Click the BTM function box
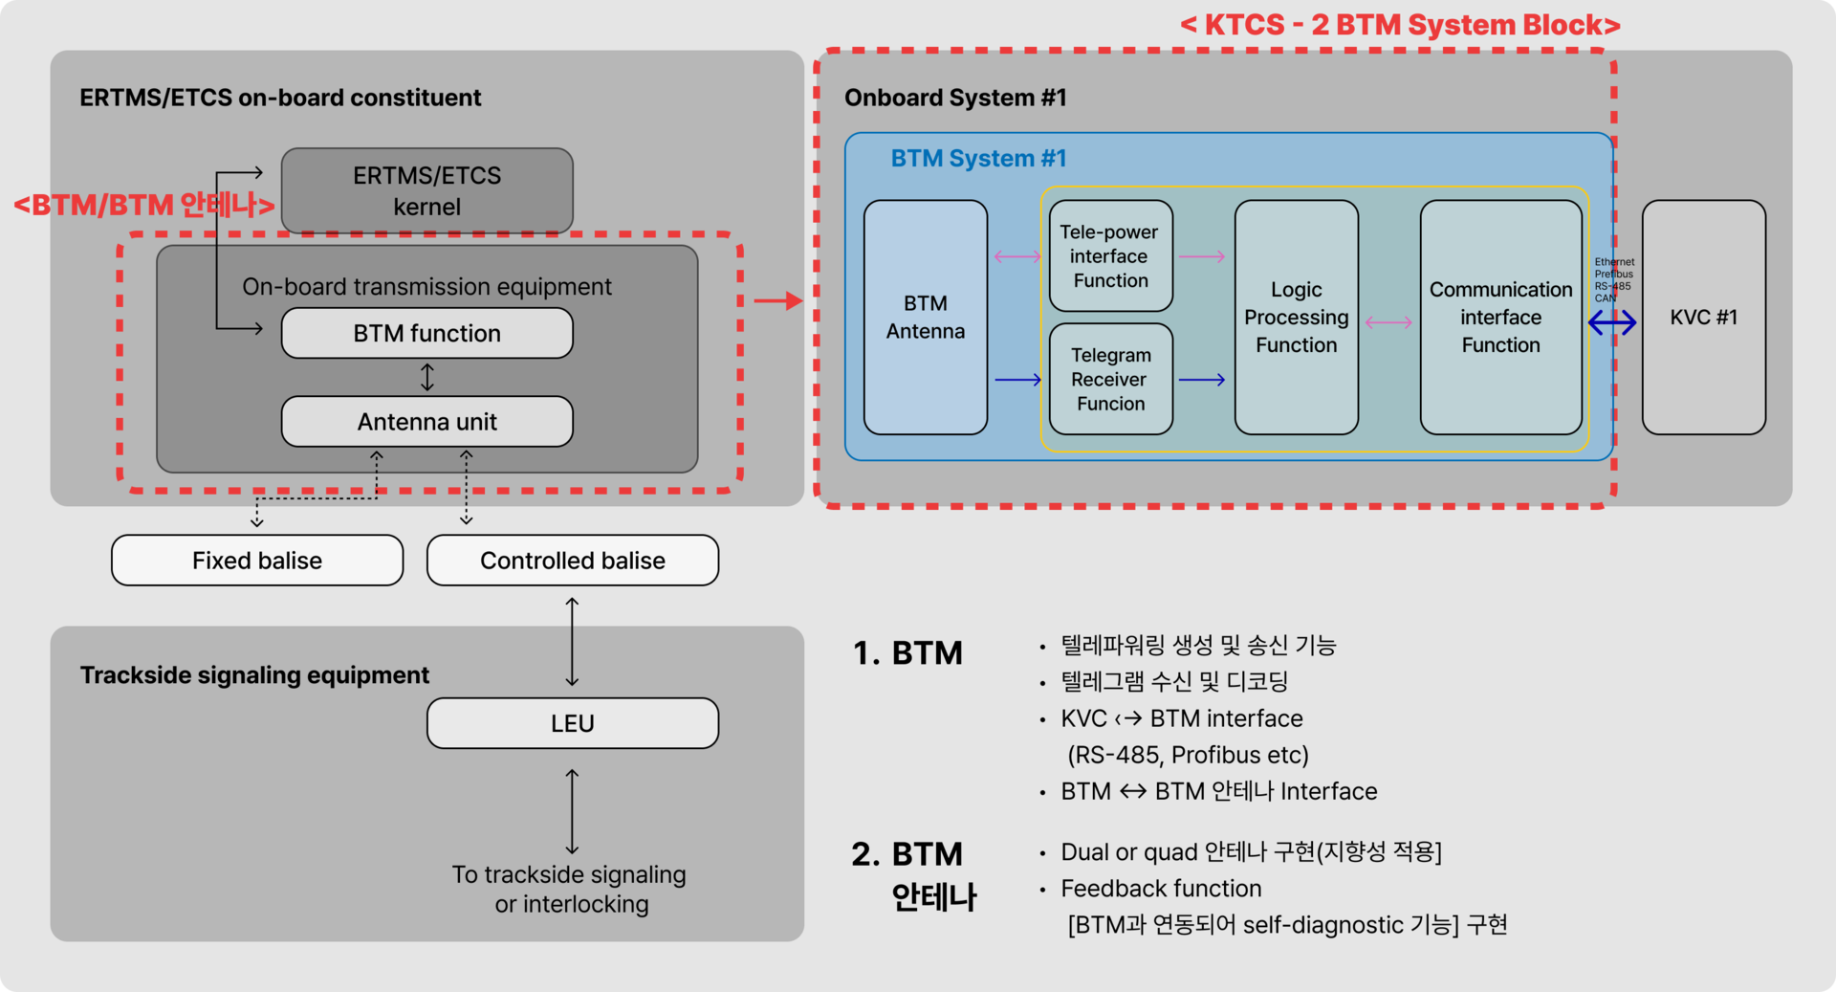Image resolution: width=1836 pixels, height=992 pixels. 426,333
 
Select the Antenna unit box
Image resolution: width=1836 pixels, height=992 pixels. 426,422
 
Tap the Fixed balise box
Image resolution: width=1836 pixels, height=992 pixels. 257,561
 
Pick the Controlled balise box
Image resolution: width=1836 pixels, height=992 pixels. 573,561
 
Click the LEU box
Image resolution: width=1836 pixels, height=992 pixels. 573,723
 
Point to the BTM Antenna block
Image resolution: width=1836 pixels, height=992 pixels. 925,318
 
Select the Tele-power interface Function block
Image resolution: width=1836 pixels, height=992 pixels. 1110,256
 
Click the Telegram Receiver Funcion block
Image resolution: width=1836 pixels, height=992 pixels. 1110,380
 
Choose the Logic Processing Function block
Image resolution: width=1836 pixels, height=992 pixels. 1296,318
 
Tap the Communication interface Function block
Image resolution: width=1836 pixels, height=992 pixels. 1500,318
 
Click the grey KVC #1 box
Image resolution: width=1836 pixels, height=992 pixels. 1703,318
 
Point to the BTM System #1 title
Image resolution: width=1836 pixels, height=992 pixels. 978,159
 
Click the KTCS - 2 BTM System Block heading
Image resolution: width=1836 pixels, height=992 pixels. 1400,25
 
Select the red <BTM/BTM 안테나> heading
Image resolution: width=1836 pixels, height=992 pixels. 144,205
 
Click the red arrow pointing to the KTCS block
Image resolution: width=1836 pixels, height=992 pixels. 777,301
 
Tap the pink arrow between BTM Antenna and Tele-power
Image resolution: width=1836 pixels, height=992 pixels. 1017,256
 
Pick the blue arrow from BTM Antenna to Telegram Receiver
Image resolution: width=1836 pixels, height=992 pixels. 1017,380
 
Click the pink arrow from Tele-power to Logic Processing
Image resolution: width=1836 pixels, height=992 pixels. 1202,256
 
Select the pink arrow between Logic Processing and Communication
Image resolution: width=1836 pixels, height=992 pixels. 1388,322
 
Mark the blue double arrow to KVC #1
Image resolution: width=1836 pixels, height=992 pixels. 1612,323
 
